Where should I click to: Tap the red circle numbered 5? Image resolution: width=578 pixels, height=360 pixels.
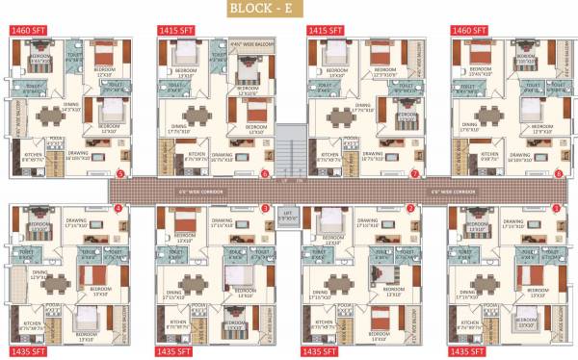tap(120, 174)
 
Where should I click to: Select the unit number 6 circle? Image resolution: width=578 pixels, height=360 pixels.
tap(265, 174)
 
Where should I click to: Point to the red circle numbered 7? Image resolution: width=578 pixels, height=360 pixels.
tap(414, 174)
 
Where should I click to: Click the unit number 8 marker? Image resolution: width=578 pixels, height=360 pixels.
tap(559, 174)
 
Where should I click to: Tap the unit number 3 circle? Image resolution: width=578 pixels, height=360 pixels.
tap(265, 208)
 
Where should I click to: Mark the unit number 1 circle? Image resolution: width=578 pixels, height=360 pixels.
tap(559, 208)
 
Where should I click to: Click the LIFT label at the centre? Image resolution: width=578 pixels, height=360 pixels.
tap(287, 215)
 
